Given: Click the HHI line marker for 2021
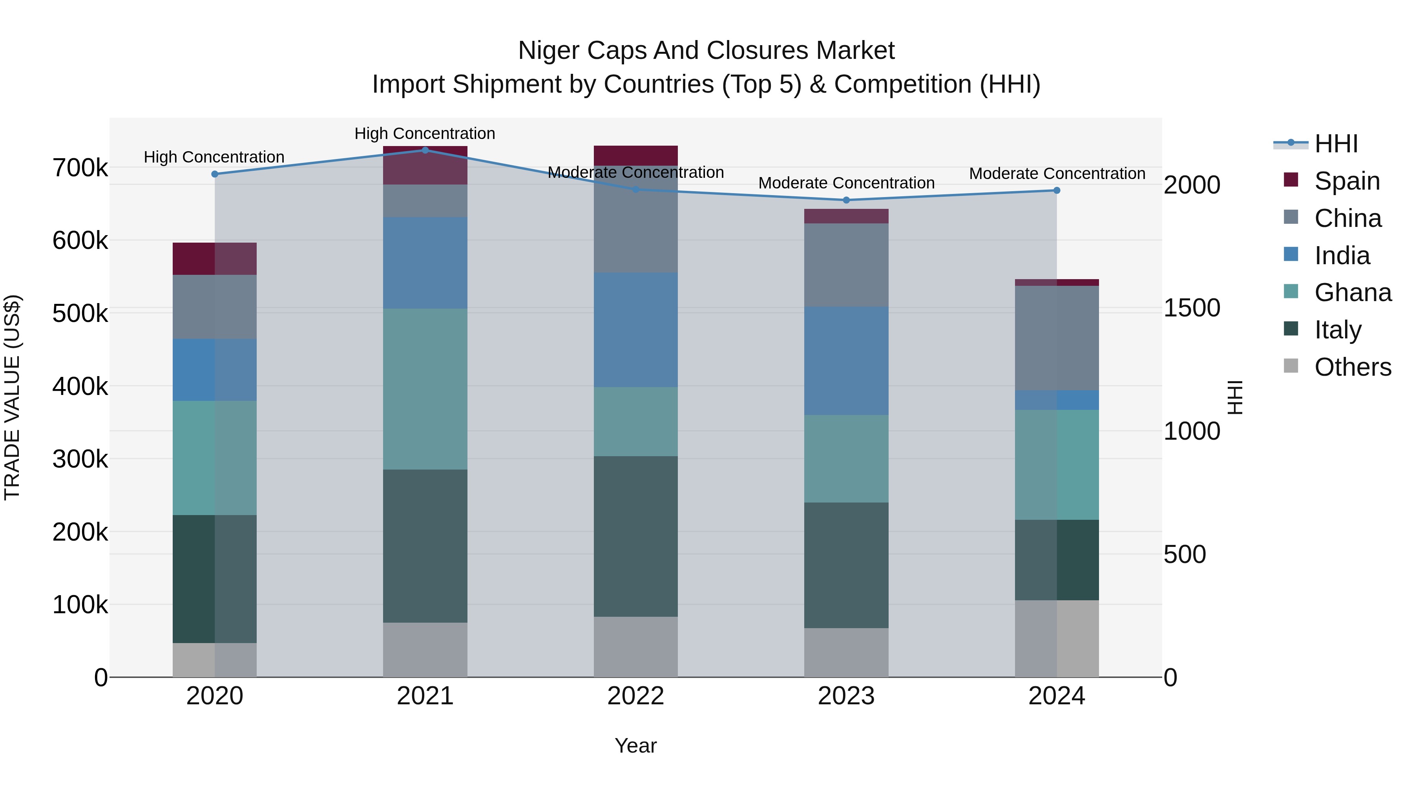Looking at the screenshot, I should [425, 150].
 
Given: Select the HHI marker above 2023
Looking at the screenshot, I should [846, 200].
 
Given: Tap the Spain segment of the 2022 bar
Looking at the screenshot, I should [636, 155].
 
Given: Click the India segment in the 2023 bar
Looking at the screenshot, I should [846, 360].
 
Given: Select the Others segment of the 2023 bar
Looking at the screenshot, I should [846, 652].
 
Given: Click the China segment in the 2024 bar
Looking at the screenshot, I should [1057, 338].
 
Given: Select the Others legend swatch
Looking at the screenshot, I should [1291, 366].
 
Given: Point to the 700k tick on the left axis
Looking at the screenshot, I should [80, 168].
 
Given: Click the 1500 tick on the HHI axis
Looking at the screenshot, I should [1191, 308].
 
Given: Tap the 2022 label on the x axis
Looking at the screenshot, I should [636, 696].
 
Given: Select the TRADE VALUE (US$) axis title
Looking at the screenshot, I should [12, 397].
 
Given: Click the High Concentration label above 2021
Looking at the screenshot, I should [425, 133].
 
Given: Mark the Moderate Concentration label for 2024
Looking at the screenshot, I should [1057, 174].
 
